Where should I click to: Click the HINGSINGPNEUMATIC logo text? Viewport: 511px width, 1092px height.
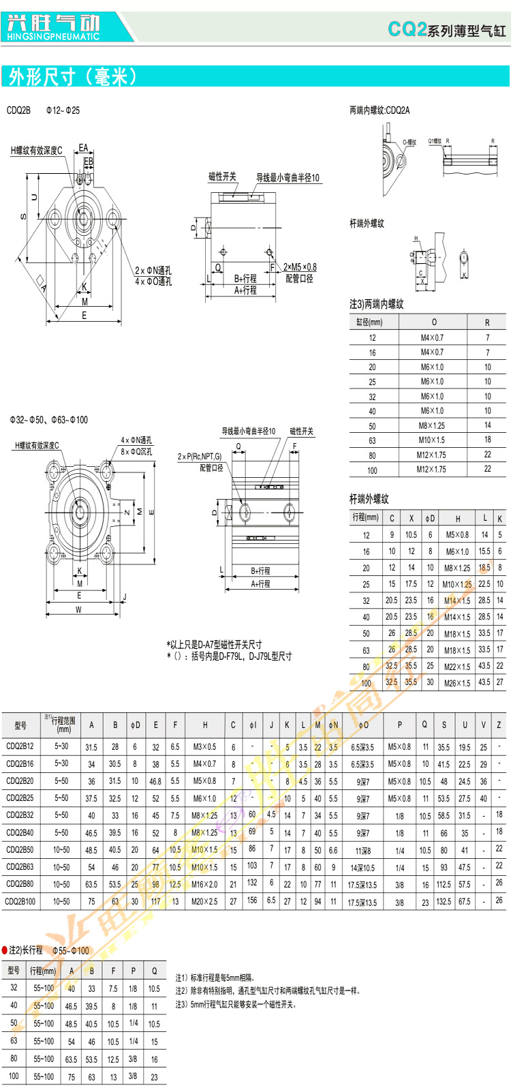(x=52, y=36)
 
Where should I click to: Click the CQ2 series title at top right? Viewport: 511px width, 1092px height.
(x=446, y=29)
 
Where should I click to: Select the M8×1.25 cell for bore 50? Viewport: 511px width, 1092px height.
(x=431, y=425)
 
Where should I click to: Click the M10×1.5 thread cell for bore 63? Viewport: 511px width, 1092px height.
(x=431, y=440)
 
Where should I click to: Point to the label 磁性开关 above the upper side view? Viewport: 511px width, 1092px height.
(x=222, y=177)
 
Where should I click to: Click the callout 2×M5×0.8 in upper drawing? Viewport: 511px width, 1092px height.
(x=300, y=267)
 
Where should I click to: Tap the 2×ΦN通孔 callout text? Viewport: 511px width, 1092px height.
(x=153, y=271)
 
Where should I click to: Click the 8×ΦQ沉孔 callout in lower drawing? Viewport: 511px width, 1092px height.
(x=136, y=451)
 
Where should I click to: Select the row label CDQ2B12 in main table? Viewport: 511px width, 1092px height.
(x=20, y=746)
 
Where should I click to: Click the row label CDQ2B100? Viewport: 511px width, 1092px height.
(x=20, y=901)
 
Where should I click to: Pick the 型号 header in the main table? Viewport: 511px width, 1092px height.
(x=20, y=725)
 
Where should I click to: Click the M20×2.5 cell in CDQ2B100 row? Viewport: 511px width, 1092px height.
(x=204, y=901)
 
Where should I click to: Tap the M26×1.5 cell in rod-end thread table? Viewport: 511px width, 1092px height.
(x=457, y=682)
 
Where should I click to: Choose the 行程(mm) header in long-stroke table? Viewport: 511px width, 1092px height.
(x=43, y=971)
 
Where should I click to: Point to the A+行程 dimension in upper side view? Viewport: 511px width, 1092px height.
(x=245, y=290)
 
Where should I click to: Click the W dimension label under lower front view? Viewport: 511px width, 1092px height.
(x=78, y=610)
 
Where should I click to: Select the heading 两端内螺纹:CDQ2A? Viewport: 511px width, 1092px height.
(x=380, y=110)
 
